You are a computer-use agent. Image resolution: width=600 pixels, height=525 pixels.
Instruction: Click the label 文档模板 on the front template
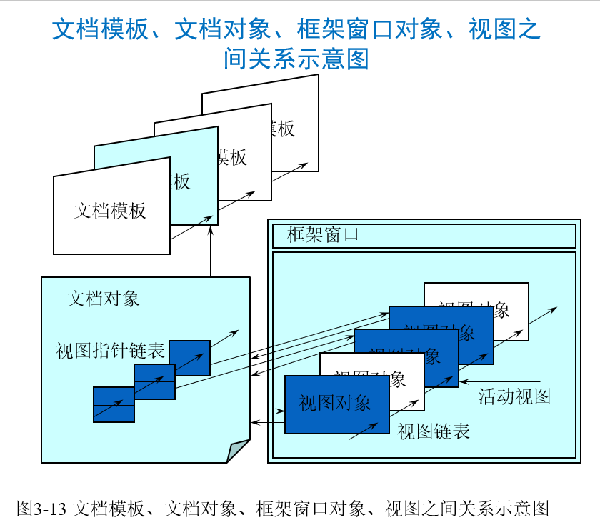110,211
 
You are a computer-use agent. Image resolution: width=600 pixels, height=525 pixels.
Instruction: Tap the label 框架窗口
323,234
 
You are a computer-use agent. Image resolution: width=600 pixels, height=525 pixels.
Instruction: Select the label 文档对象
104,298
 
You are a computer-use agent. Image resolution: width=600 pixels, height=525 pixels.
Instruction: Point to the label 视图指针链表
111,351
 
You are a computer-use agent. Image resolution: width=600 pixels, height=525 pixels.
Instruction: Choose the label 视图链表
434,431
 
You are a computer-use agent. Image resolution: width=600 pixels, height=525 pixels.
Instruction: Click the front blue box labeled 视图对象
336,404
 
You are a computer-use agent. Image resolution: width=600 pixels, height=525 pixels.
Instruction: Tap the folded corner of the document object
239,452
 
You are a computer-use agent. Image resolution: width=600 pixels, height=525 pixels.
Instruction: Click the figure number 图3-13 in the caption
41,509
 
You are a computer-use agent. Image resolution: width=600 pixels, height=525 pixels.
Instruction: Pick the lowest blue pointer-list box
114,405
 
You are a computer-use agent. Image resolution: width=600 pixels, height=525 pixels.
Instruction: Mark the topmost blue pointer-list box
189,357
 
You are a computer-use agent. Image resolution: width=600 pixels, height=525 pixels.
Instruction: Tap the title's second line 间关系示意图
296,59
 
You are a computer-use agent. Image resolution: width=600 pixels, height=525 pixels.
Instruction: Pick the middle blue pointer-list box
154,381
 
